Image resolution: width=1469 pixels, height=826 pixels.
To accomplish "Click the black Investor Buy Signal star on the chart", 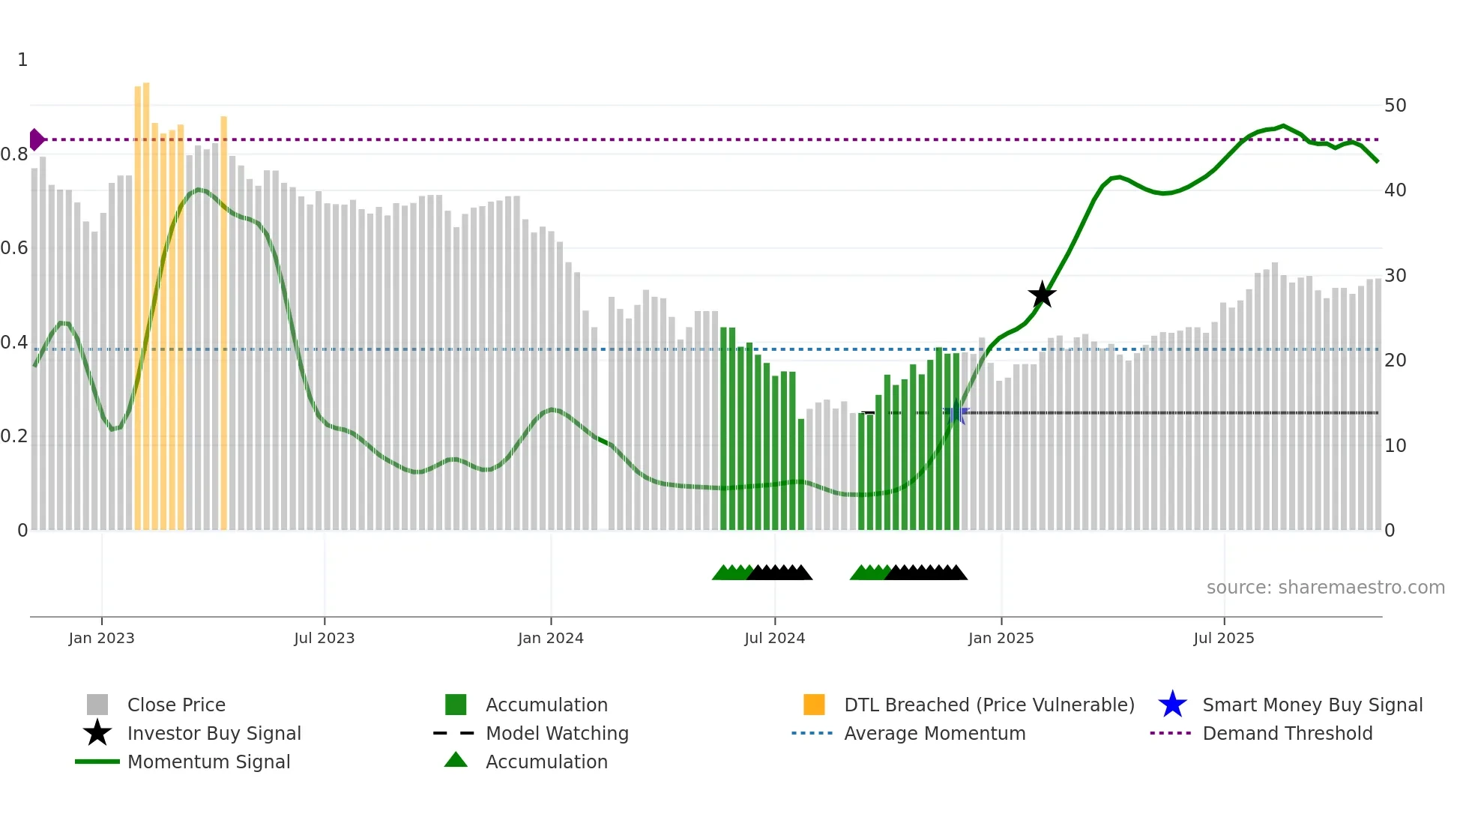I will pyautogui.click(x=1042, y=295).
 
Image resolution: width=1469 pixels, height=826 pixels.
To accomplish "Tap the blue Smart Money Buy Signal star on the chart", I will pyautogui.click(x=956, y=413).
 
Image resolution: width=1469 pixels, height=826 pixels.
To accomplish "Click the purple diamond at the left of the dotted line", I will pyautogui.click(x=36, y=139).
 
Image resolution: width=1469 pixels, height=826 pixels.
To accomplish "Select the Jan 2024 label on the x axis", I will pyautogui.click(x=550, y=638).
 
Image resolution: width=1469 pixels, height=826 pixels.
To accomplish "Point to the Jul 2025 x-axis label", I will pyautogui.click(x=1223, y=638).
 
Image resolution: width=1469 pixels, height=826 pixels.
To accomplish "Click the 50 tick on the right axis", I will pyautogui.click(x=1395, y=106).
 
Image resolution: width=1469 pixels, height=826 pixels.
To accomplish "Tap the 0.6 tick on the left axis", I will pyautogui.click(x=14, y=248).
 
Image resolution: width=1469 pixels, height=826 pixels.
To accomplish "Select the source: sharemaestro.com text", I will pyautogui.click(x=1325, y=588).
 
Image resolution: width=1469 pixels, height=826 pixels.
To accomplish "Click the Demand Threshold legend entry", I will pyautogui.click(x=1287, y=733).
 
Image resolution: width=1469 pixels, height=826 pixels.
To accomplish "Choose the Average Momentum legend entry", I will pyautogui.click(x=934, y=733).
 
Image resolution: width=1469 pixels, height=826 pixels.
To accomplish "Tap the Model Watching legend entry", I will pyautogui.click(x=556, y=733).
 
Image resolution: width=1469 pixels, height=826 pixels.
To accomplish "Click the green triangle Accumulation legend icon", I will pyautogui.click(x=456, y=761).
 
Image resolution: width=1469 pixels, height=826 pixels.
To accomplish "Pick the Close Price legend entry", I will pyautogui.click(x=175, y=705).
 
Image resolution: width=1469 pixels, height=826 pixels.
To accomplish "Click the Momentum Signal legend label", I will pyautogui.click(x=208, y=762).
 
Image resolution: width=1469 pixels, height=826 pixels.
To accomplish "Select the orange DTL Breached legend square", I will pyautogui.click(x=814, y=705).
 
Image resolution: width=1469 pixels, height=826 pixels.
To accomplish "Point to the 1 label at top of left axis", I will pyautogui.click(x=22, y=60).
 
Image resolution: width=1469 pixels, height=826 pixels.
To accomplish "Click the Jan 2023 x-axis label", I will pyautogui.click(x=101, y=638).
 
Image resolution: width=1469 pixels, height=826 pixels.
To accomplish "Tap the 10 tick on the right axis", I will pyautogui.click(x=1395, y=446).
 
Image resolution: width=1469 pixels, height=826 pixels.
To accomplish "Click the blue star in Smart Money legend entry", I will pyautogui.click(x=1172, y=705).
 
